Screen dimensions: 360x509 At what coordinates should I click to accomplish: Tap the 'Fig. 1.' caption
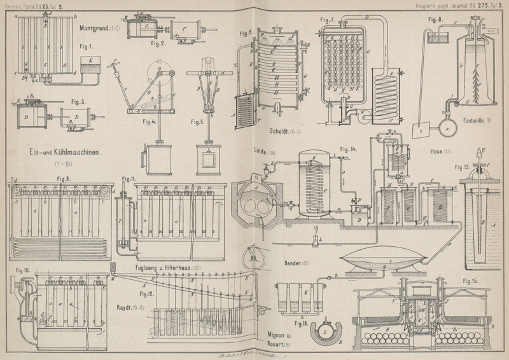87,46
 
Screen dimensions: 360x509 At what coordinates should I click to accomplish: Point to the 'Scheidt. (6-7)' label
279,132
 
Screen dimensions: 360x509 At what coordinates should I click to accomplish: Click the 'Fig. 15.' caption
472,280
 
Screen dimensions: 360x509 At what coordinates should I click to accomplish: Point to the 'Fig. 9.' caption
62,179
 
